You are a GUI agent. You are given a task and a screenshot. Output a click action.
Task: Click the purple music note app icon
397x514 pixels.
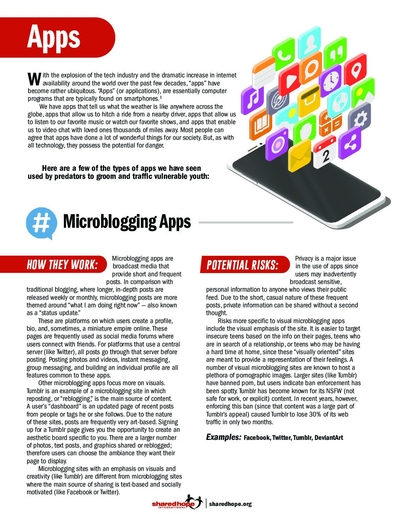pos(252,99)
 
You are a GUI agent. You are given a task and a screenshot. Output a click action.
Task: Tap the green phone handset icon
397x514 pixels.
pos(284,55)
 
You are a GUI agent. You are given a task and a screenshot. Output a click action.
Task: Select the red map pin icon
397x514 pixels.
pos(355,69)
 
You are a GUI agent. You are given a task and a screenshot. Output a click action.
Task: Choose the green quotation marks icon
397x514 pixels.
pos(335,54)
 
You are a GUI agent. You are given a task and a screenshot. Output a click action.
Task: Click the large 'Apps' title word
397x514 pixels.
pos(54,37)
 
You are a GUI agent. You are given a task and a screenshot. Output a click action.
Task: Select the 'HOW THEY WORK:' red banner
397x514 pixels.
pos(62,265)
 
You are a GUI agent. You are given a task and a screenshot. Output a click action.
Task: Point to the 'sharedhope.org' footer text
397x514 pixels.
pos(230,504)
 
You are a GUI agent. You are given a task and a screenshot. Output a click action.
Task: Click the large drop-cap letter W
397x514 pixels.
pos(34,78)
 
